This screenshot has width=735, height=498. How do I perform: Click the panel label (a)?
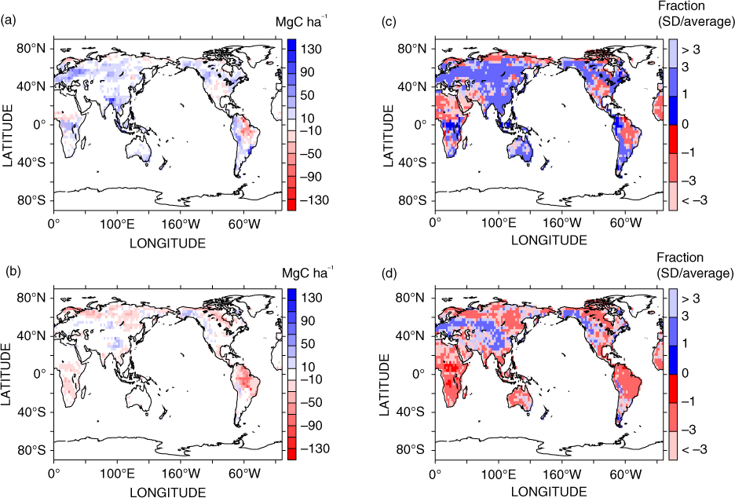coord(9,20)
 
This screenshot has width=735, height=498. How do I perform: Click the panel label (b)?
coord(9,272)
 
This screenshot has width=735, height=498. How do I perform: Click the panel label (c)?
coord(389,20)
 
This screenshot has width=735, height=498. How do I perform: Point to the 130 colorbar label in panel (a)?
coord(311,49)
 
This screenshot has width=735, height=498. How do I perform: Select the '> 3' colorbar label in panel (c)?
coord(690,49)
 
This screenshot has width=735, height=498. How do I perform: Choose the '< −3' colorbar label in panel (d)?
coord(694,450)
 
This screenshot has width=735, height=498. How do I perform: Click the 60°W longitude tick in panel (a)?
coord(245,224)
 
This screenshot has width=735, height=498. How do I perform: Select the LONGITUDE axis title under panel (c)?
coord(549,240)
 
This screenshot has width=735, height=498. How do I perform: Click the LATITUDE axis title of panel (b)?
coord(6,374)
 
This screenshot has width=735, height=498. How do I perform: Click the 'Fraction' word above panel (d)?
coord(680,258)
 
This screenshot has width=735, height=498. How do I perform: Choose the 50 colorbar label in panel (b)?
coord(308,344)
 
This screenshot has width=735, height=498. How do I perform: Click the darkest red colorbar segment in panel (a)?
coord(291,204)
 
